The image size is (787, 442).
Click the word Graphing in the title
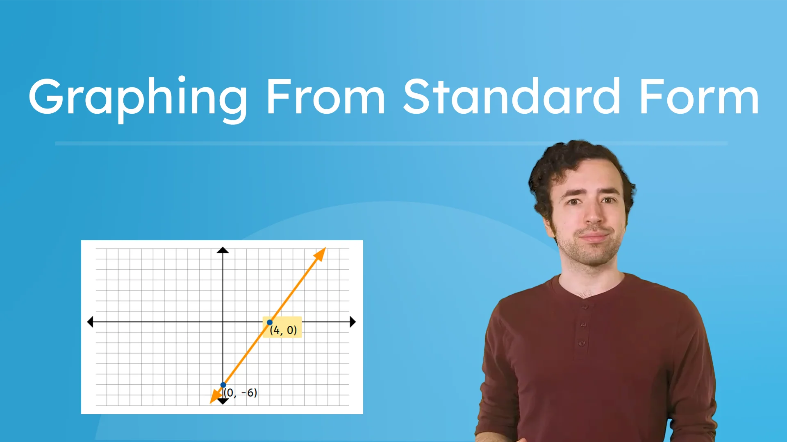[138, 97]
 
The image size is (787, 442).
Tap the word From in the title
[326, 97]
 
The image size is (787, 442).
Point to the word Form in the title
[699, 97]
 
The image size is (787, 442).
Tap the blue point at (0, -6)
[223, 385]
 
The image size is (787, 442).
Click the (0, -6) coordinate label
[241, 393]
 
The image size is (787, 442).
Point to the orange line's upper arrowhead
[320, 254]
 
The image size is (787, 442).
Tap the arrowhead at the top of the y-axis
[223, 250]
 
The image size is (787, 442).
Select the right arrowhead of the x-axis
[353, 322]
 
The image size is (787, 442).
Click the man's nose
[593, 215]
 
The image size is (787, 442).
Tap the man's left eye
[608, 200]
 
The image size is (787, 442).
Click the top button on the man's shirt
[585, 306]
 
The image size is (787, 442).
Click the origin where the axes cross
[223, 322]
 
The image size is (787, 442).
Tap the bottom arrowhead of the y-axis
[223, 401]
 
